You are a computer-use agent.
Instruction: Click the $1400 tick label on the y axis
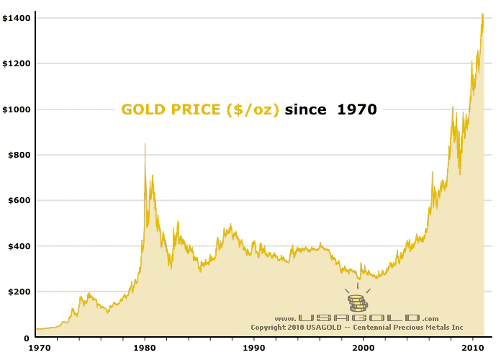(16, 17)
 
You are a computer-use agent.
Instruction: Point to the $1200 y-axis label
(16, 63)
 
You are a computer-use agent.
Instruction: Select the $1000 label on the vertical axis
(16, 109)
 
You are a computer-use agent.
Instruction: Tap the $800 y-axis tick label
(18, 155)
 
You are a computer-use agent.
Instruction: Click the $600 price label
(18, 200)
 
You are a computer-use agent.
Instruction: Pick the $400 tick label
(18, 246)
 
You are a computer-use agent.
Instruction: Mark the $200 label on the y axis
(18, 292)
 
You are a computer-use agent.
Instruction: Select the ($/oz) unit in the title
(252, 110)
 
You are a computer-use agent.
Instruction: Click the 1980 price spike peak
(145, 144)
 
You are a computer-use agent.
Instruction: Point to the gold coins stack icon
(357, 303)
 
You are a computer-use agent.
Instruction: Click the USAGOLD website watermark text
(357, 318)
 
